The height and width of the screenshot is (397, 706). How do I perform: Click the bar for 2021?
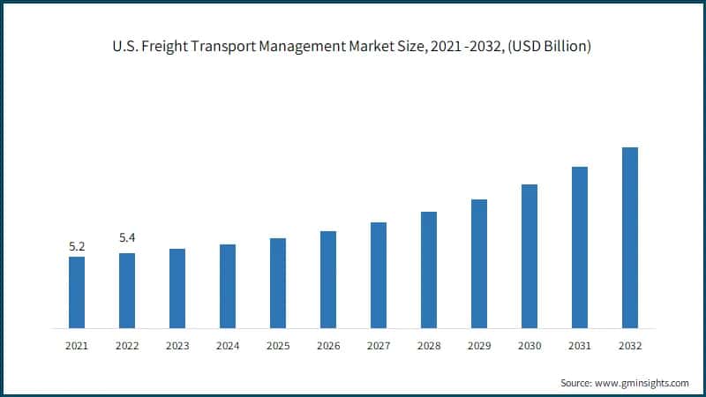(x=77, y=292)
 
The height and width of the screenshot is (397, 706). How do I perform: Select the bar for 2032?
(x=630, y=237)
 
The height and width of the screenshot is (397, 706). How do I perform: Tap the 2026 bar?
(x=328, y=280)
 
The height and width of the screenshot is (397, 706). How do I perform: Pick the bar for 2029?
(x=479, y=264)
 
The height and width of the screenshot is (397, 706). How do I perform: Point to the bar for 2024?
(x=228, y=286)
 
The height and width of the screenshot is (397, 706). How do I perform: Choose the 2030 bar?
(x=529, y=256)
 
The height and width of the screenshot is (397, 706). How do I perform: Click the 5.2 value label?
(x=77, y=246)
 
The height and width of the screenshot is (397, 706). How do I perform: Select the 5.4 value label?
(x=127, y=238)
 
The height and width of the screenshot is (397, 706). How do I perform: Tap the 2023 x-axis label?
(x=177, y=346)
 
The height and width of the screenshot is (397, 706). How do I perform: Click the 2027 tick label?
(x=379, y=346)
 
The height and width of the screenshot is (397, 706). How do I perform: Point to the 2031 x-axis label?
(x=580, y=346)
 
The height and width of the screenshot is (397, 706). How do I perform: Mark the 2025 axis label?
(x=278, y=346)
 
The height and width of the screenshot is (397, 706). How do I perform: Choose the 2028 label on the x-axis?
(x=429, y=346)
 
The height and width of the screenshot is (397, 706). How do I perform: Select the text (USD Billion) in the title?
(x=547, y=45)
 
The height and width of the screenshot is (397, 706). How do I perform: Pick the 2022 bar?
(x=127, y=290)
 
